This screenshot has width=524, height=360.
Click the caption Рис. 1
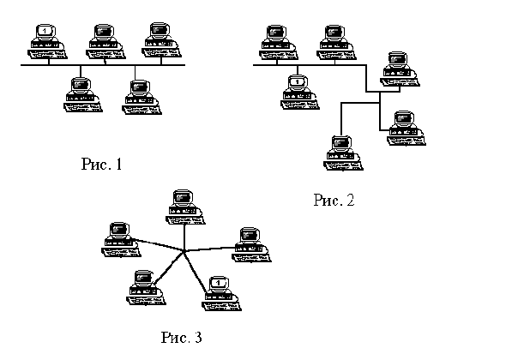click(x=101, y=163)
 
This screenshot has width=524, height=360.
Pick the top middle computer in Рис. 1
click(x=103, y=41)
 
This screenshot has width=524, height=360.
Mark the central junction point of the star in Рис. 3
click(x=185, y=250)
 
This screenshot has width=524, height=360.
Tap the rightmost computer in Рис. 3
click(x=250, y=241)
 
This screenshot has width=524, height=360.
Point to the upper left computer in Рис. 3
click(x=119, y=237)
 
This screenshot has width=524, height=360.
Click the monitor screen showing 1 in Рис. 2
click(x=298, y=82)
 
